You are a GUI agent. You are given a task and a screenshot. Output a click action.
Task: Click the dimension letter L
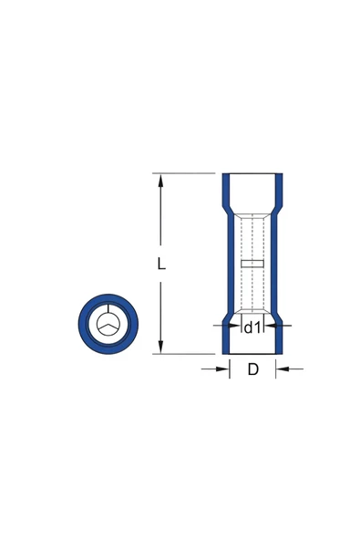click(161, 264)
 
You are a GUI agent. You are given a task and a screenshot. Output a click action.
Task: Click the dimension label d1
click(252, 327)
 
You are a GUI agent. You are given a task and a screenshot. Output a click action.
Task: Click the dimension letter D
click(252, 369)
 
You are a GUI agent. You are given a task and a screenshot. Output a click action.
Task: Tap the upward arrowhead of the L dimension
click(160, 181)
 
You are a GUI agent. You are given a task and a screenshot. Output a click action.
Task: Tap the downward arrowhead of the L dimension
click(160, 347)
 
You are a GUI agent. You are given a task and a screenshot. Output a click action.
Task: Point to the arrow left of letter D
click(215, 369)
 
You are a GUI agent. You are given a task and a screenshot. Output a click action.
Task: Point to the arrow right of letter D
click(290, 369)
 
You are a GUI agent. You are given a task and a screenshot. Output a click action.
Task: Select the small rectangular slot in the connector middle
click(252, 264)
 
